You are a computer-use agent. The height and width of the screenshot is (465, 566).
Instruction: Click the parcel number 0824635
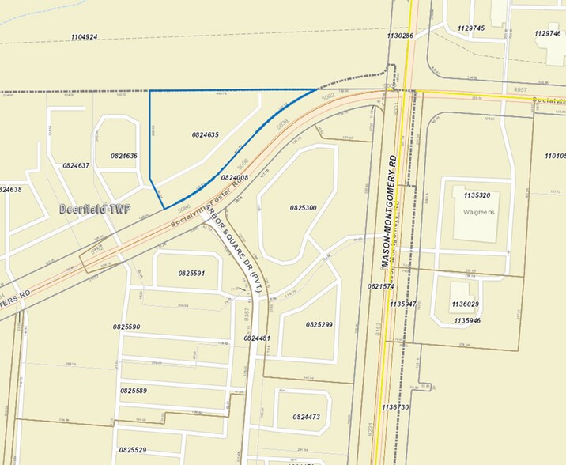[x=205, y=134]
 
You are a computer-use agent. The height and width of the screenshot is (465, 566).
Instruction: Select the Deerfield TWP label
[x=95, y=210]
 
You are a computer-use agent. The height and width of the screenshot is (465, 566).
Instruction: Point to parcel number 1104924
[x=84, y=37]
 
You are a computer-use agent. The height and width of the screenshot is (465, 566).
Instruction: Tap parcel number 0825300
[x=303, y=207]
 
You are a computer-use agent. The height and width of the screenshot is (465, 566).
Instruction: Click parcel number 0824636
[x=124, y=156]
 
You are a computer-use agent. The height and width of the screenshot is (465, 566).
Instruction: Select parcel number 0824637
[x=76, y=165]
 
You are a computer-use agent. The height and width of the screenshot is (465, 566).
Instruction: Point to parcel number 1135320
[x=477, y=195]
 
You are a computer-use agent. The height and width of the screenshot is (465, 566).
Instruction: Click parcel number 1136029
[x=466, y=304]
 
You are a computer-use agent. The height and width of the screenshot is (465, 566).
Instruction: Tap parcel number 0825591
[x=191, y=273]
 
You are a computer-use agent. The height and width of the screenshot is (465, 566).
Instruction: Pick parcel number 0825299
[x=319, y=324]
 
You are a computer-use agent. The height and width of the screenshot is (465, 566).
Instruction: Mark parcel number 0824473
[x=306, y=417]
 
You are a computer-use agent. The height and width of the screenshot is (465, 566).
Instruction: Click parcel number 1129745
[x=470, y=28]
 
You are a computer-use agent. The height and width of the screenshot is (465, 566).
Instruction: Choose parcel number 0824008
[x=235, y=178]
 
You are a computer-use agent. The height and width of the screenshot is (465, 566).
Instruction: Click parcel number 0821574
[x=380, y=286]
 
